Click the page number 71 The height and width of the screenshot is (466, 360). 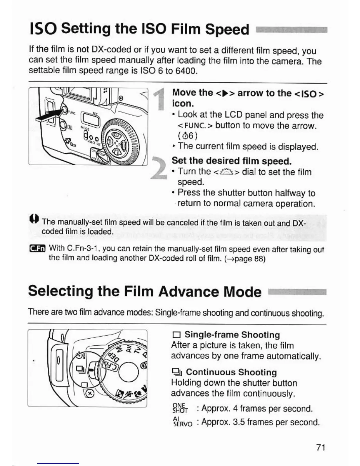tap(320, 447)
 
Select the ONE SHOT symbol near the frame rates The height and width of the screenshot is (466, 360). tap(180, 408)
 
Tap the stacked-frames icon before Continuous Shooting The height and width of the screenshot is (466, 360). tap(176, 373)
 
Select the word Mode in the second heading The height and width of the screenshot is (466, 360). tap(242, 292)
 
